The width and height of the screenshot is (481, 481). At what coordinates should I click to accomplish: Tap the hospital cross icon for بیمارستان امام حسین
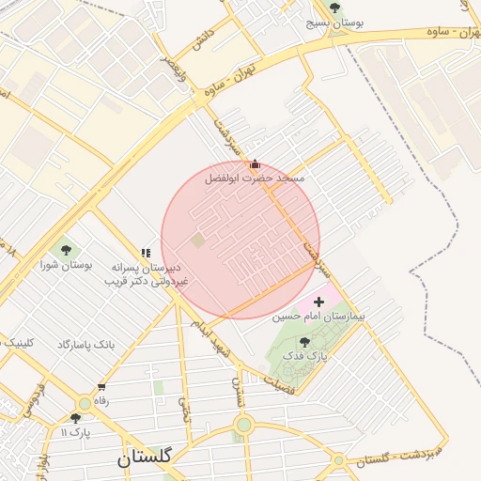tap(318, 303)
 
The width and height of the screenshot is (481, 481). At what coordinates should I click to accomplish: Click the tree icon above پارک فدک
tap(303, 342)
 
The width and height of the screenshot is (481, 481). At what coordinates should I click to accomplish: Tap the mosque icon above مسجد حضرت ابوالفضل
tap(255, 163)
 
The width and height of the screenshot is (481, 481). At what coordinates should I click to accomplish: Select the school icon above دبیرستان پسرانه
tap(146, 253)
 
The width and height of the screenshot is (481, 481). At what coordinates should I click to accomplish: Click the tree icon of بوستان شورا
tap(66, 249)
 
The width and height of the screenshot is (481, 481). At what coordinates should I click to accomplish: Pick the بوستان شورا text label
tap(67, 265)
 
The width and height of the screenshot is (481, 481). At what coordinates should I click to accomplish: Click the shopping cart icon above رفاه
tap(101, 386)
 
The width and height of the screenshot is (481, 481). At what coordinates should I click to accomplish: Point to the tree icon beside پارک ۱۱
tap(75, 418)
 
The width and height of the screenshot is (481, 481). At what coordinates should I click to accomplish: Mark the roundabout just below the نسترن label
tap(244, 426)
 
